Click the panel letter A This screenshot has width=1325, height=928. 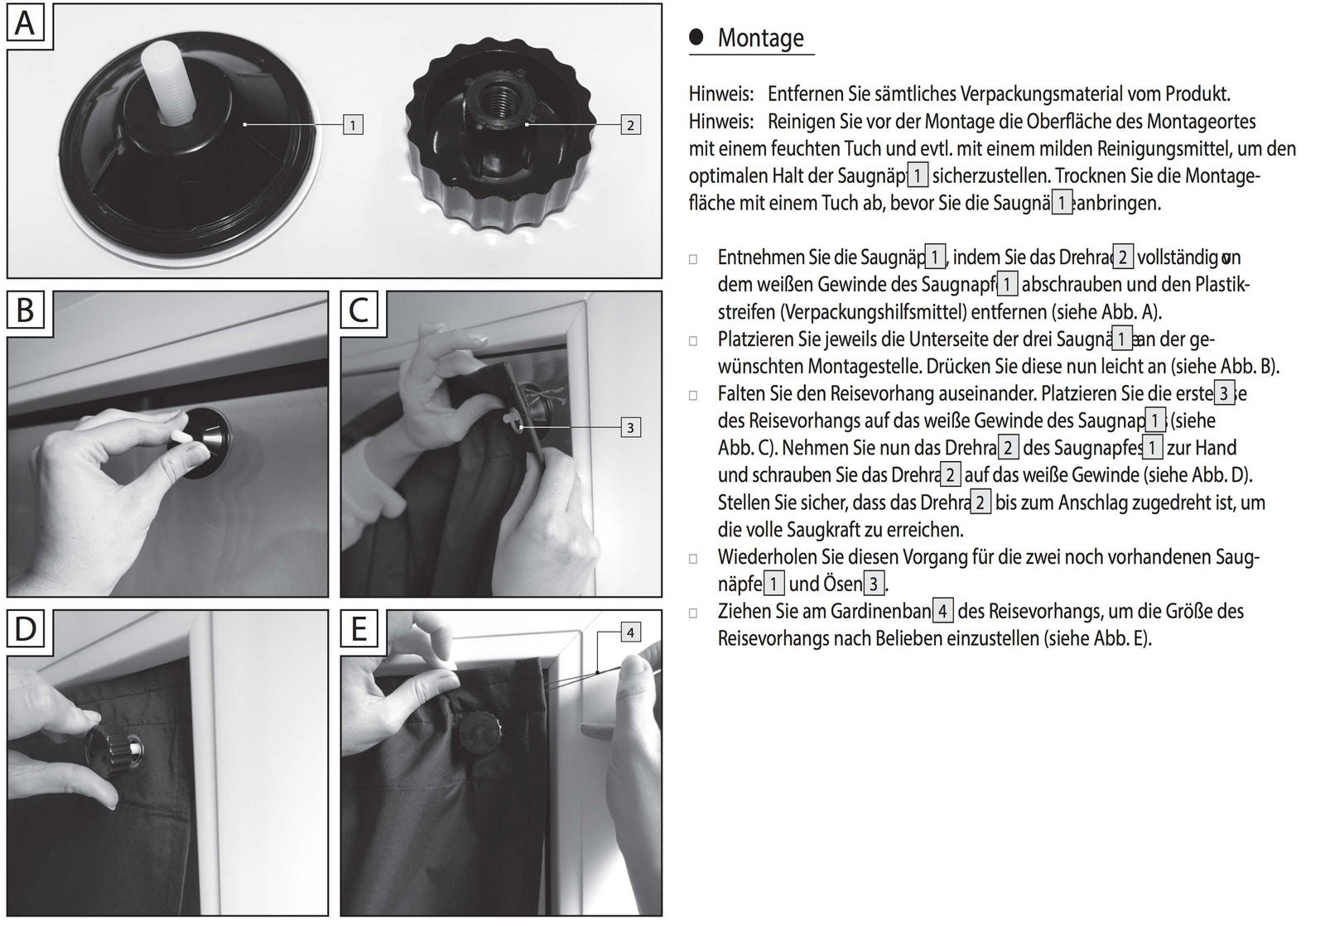click(26, 22)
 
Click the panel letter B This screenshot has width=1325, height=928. click(26, 310)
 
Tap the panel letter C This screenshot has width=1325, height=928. click(359, 310)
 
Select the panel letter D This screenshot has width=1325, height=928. click(26, 629)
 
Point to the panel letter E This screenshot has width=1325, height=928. click(359, 629)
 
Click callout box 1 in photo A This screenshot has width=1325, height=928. click(353, 125)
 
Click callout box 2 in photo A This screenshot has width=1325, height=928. click(630, 125)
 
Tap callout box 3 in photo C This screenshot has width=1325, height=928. click(630, 427)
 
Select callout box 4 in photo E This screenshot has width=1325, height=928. click(630, 632)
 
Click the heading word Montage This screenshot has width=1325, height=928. click(760, 38)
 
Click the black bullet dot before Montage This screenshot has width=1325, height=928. click(696, 36)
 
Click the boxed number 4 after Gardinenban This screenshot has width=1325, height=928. click(942, 612)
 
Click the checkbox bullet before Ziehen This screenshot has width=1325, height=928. click(693, 613)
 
